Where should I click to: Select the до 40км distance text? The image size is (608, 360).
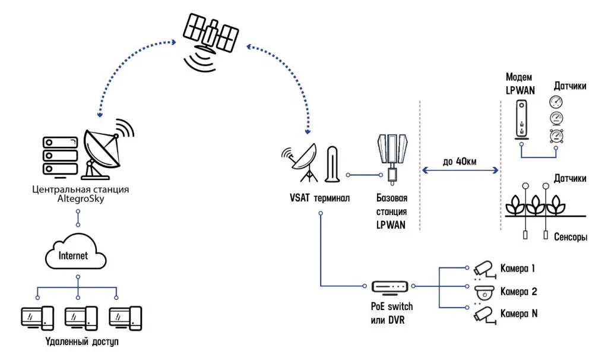(x=459, y=161)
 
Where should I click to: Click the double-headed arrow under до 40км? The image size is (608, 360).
(x=459, y=171)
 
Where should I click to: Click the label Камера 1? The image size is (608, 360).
(x=518, y=269)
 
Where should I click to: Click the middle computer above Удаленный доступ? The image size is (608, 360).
(x=81, y=319)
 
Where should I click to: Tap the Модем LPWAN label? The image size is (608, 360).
(x=520, y=84)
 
